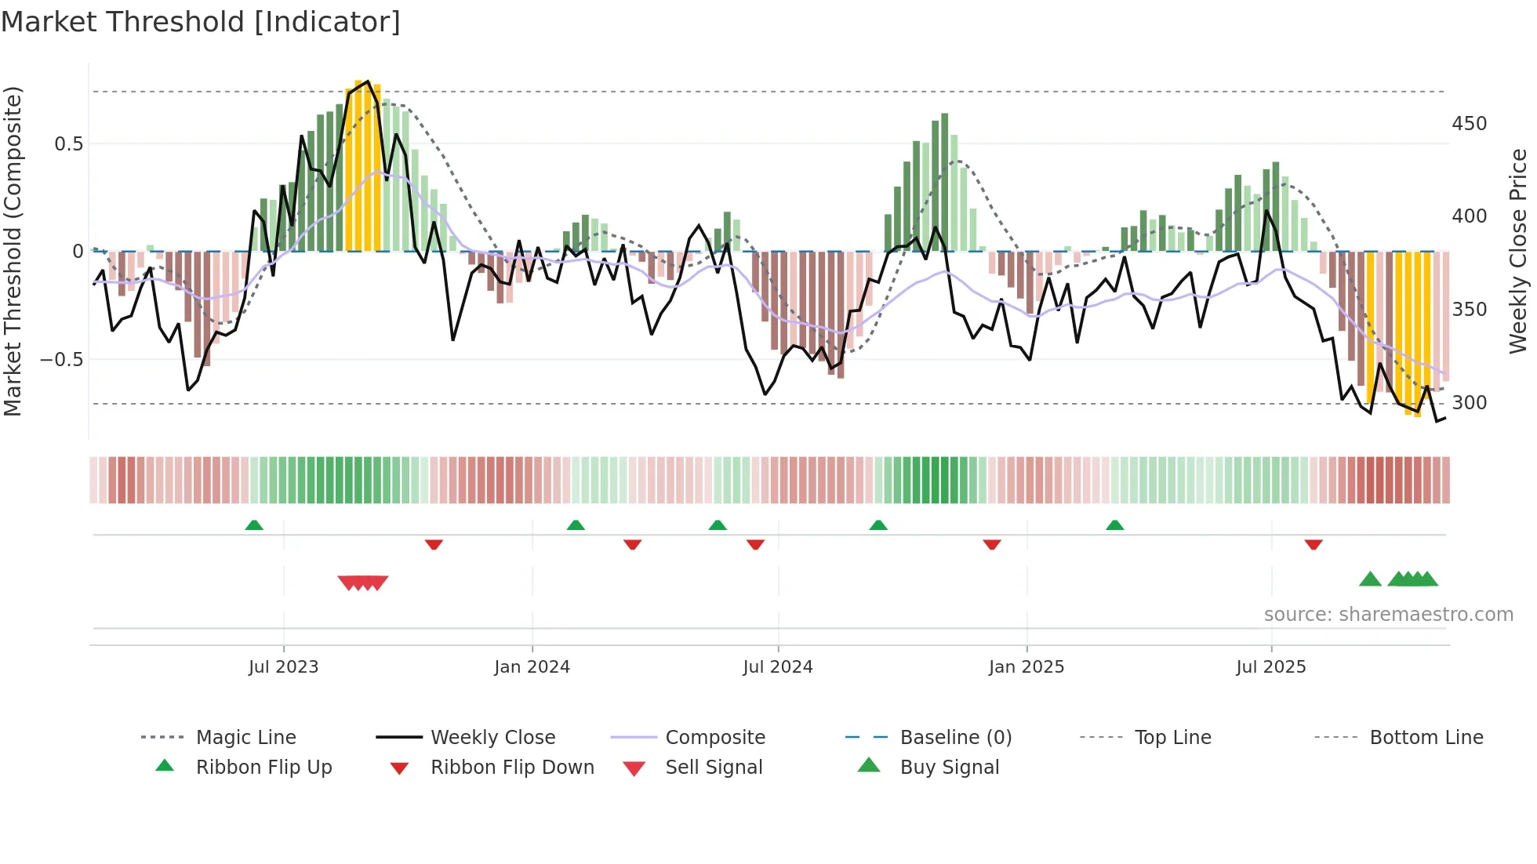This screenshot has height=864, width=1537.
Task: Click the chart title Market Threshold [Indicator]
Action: tap(201, 22)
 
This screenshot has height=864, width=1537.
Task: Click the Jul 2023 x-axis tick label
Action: tap(283, 667)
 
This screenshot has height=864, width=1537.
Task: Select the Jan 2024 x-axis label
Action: tap(532, 667)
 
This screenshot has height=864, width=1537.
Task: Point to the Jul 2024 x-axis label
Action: tap(777, 667)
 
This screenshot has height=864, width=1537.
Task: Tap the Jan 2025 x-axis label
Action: tap(1026, 667)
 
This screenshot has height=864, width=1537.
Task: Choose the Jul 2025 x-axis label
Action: tap(1270, 667)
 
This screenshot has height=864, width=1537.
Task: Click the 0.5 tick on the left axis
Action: tap(68, 144)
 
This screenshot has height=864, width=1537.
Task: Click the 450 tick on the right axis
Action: tap(1469, 124)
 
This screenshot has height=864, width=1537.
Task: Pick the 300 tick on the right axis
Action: tap(1469, 403)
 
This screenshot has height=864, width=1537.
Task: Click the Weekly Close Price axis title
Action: tap(1518, 251)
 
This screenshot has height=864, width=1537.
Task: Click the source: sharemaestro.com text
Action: tap(1388, 615)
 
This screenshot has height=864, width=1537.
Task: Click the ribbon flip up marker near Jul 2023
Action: tap(254, 525)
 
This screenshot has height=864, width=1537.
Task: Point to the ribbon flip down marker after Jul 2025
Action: tap(1314, 544)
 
